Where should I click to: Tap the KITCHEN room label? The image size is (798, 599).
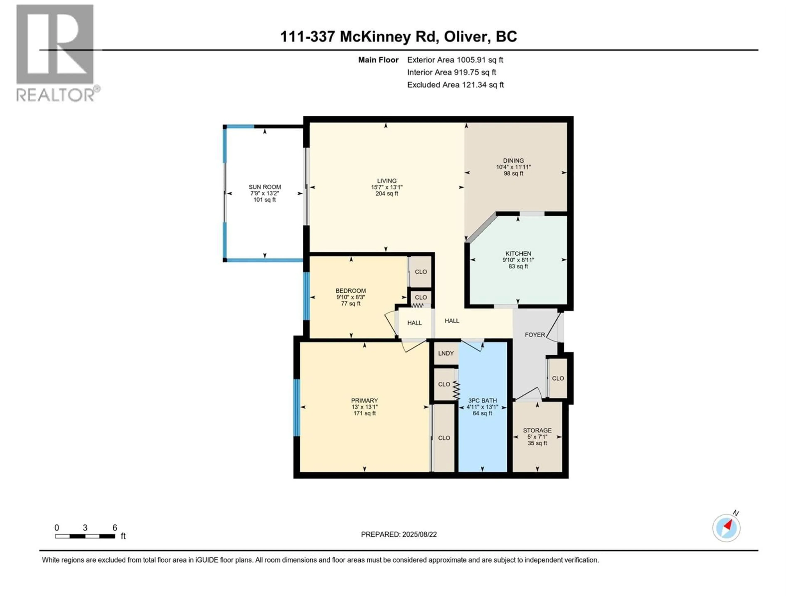point(518,254)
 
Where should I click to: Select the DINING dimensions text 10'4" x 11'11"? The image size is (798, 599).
point(513,167)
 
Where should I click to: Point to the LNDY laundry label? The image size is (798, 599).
point(446,353)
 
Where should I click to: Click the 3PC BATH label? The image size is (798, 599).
point(482,400)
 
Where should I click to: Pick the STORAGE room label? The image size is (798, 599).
point(537,430)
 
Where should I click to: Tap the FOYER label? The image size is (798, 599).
point(535,335)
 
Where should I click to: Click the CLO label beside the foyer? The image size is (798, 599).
point(558,378)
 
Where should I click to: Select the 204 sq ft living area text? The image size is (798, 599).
point(387,193)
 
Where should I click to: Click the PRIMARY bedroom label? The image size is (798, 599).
point(364,400)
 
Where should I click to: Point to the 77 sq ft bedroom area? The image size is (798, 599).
point(351,304)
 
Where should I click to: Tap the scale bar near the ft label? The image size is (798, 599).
point(85,536)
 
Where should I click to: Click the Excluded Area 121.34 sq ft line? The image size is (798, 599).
point(455,85)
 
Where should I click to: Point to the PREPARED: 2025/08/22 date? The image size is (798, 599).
point(399,534)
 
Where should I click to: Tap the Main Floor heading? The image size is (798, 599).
point(378,60)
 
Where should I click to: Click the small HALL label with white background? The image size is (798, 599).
point(415,323)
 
